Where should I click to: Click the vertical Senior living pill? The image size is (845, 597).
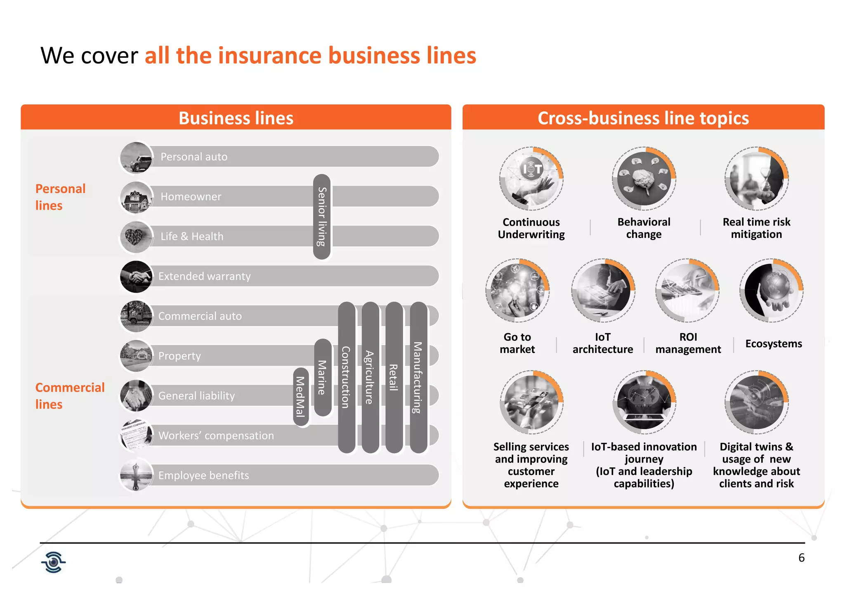tap(322, 217)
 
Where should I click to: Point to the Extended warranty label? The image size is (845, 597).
tap(204, 276)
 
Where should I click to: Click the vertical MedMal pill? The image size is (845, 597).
tap(301, 397)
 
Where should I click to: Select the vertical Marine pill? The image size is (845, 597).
tap(322, 377)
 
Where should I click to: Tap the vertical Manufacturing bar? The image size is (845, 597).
tap(418, 377)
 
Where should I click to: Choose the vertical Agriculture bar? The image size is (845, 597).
tap(370, 377)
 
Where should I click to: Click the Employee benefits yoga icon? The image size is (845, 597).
tap(136, 475)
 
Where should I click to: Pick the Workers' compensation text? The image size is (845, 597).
tap(216, 436)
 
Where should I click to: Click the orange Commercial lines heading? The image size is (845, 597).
tap(70, 395)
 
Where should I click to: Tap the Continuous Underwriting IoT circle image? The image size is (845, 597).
tap(531, 179)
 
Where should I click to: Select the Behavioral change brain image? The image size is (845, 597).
tap(644, 179)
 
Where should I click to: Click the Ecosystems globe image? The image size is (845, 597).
tap(771, 291)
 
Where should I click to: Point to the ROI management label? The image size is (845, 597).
tap(688, 343)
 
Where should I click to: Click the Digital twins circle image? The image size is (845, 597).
tap(756, 402)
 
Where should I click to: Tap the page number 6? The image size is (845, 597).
tap(801, 558)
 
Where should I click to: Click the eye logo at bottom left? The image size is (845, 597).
tap(54, 562)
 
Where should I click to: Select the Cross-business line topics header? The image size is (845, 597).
tap(643, 118)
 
